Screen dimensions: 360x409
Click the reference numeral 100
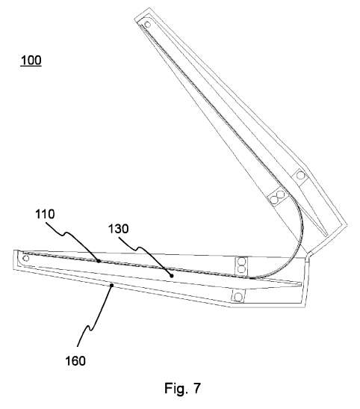(31, 61)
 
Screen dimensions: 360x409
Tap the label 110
(45, 214)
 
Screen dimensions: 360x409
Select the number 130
(118, 229)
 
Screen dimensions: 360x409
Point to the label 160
(75, 361)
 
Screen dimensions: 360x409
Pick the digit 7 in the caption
(196, 388)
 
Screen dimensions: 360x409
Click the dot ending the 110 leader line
(99, 261)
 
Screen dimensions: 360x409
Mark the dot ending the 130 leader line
(171, 276)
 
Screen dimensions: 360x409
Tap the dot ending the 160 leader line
(111, 286)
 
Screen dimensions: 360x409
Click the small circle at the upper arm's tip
(147, 25)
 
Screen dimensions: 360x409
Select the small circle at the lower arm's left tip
(26, 258)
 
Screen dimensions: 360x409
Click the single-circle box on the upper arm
(300, 176)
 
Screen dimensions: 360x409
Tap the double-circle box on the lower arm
(241, 265)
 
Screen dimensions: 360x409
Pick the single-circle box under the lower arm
(238, 297)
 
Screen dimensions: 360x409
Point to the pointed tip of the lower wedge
(301, 283)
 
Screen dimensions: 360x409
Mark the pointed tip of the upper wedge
(326, 235)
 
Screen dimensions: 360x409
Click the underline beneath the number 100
(31, 66)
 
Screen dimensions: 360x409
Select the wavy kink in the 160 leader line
(89, 328)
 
